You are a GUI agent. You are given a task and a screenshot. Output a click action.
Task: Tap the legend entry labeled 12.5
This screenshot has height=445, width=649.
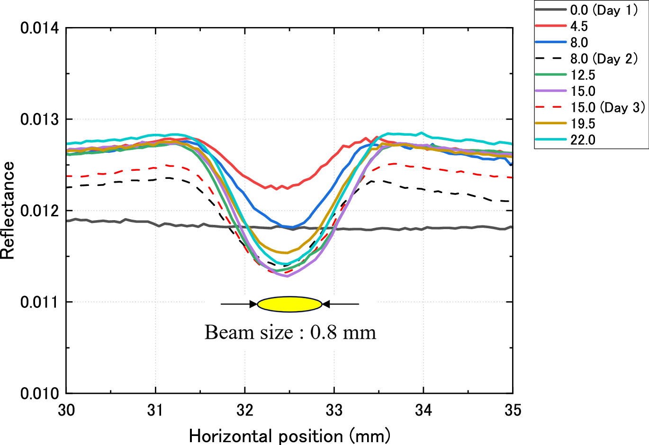[x=582, y=75]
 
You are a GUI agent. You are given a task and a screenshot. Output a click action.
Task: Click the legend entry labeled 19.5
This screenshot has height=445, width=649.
[x=582, y=124]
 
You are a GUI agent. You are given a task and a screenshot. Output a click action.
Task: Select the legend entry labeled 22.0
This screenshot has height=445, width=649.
[x=582, y=140]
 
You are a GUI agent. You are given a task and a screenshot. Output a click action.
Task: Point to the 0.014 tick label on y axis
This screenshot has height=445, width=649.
[x=39, y=28]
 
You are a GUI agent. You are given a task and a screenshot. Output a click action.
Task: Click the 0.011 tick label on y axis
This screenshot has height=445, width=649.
[x=39, y=302]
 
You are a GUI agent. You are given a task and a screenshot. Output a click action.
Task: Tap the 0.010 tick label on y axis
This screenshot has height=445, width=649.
[x=39, y=393]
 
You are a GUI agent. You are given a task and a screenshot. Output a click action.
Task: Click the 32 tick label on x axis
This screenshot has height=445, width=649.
[x=245, y=410]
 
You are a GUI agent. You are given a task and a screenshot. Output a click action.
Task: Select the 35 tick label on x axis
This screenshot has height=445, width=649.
[x=512, y=410]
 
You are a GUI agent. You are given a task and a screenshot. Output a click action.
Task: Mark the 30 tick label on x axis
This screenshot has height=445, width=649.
[x=66, y=410]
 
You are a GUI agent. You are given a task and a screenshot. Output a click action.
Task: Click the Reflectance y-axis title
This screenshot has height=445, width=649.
[x=8, y=210]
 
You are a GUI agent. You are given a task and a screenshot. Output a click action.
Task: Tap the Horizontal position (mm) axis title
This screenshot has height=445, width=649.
[x=289, y=436]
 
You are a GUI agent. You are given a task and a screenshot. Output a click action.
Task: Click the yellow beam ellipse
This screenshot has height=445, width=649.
[x=289, y=304]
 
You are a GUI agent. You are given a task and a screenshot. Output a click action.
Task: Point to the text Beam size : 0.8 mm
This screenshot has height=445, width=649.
[x=290, y=332]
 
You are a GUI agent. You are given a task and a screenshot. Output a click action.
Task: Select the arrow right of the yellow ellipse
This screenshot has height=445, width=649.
[x=341, y=304]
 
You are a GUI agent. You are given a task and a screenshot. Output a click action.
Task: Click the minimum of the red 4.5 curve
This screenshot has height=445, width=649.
[x=276, y=189]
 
